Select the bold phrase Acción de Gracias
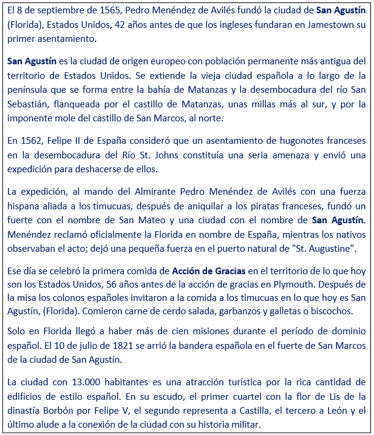[210, 271]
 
